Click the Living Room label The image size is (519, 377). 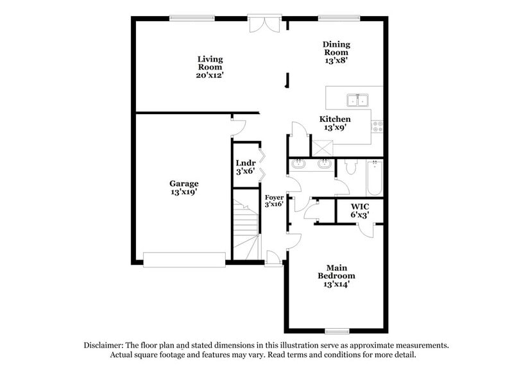[x=210, y=63]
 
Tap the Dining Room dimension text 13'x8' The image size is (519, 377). [x=336, y=62]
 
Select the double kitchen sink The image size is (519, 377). [x=357, y=99]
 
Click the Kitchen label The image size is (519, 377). [x=336, y=119]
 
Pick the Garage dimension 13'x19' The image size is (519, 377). [x=184, y=192]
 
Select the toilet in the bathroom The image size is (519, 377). [x=350, y=168]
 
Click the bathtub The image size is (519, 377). [x=374, y=178]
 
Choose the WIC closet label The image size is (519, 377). [x=359, y=206]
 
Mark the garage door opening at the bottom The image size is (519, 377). [x=184, y=259]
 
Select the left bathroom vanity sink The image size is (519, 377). [x=298, y=165]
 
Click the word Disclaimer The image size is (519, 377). [x=106, y=345]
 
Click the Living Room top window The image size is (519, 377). [x=192, y=19]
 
